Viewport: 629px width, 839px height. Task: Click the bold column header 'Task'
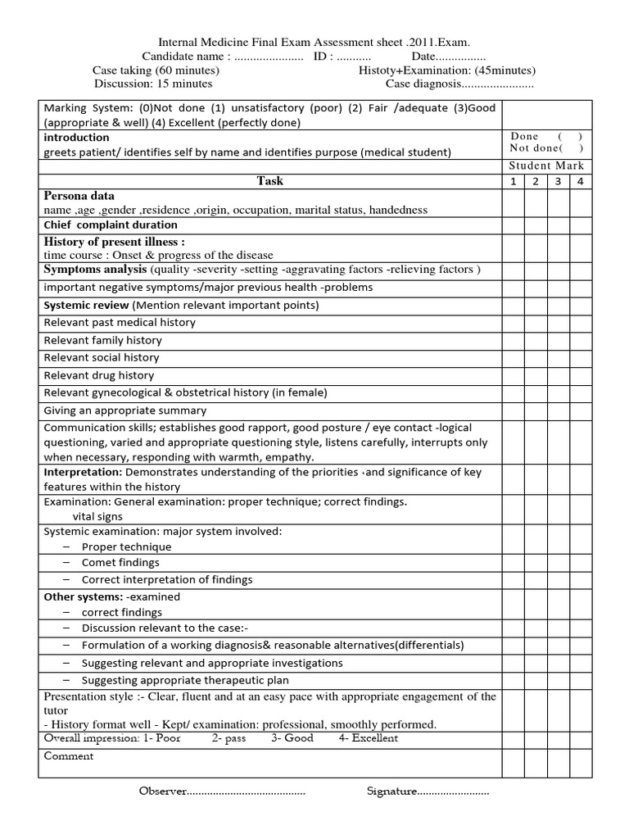269,181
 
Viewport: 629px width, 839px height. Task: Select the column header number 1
513,181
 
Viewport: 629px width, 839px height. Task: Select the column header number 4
580,181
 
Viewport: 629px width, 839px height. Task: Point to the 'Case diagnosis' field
459,84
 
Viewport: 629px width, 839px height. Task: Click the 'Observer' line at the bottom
222,791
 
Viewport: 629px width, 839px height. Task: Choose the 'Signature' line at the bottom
427,791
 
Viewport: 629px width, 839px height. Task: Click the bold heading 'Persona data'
79,197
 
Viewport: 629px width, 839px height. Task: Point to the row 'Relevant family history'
102,340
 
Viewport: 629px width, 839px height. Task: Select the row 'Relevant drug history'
98,375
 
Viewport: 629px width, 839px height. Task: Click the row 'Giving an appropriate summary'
124,410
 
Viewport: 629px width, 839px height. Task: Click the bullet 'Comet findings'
120,563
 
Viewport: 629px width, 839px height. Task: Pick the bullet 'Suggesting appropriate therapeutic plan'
184,680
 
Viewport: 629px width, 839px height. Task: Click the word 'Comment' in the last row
68,756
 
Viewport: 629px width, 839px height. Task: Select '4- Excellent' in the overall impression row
368,737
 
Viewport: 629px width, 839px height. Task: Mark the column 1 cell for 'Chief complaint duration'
513,225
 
